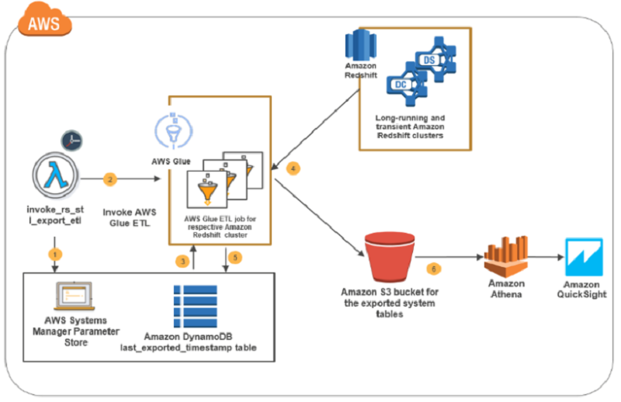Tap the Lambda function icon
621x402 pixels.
point(55,175)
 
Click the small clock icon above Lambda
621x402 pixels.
point(71,140)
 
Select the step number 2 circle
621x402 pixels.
point(110,179)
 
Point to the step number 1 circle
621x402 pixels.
point(55,255)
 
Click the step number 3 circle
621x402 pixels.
point(182,262)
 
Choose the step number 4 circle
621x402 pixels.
point(293,168)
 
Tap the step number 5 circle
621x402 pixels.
point(235,258)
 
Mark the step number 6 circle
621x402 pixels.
point(434,269)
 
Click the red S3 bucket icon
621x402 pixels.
point(390,257)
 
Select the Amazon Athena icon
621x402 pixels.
point(506,256)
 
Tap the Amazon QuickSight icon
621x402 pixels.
point(584,257)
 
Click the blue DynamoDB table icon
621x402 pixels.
point(196,306)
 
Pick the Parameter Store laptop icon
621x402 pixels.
point(75,296)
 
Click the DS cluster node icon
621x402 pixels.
point(435,60)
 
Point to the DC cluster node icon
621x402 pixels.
point(407,84)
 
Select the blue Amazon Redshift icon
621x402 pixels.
point(360,45)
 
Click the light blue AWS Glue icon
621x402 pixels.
point(173,131)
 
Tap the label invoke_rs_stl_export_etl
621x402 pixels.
point(55,215)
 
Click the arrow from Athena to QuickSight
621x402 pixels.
point(546,257)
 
